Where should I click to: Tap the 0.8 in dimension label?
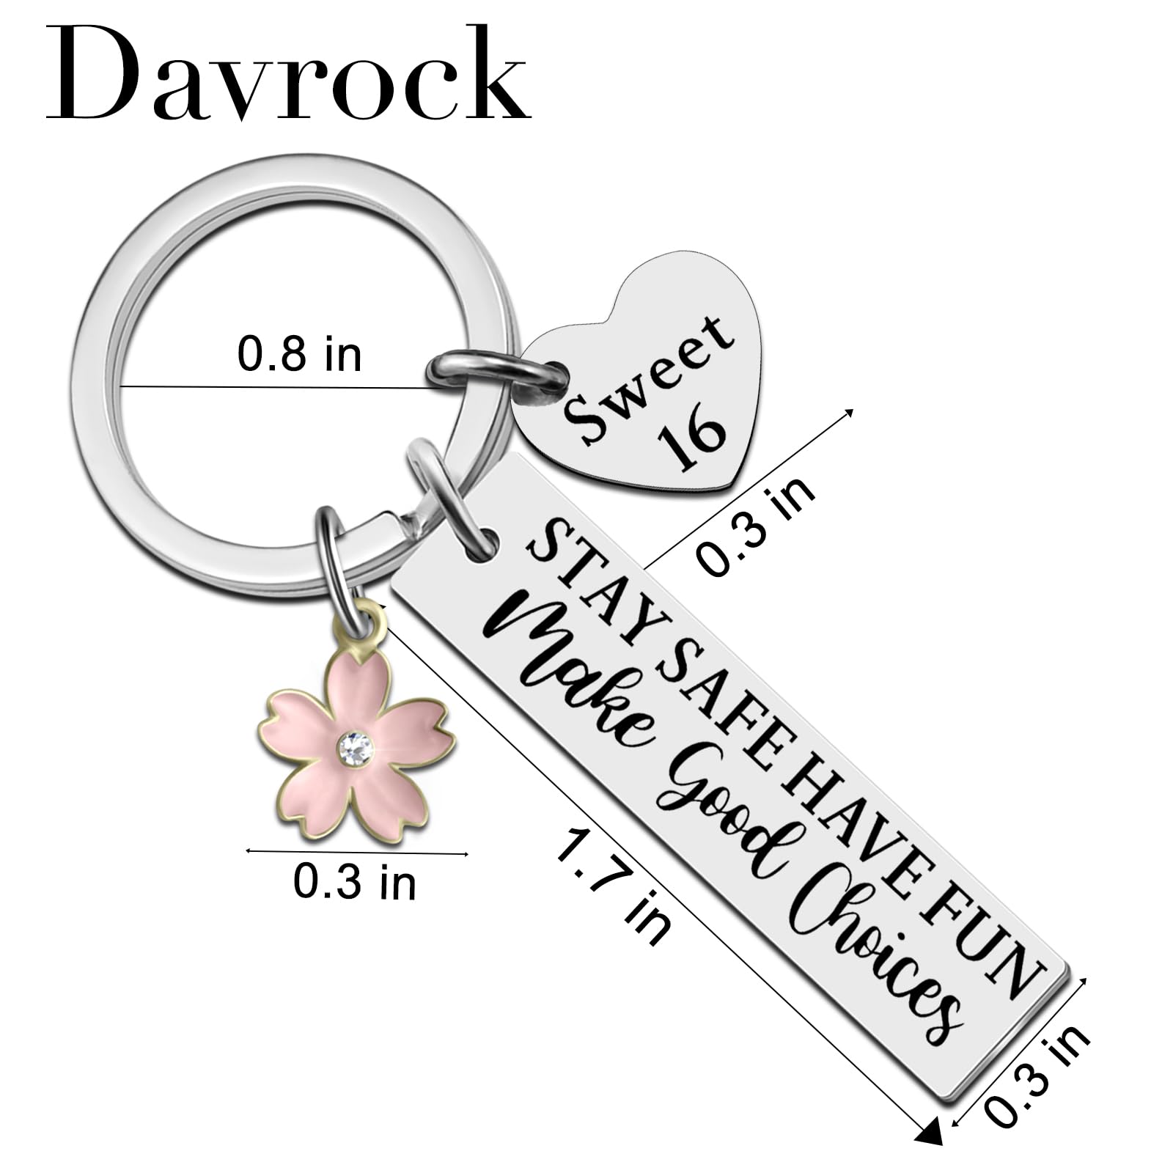299,355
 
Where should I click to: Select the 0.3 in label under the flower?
354,882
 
